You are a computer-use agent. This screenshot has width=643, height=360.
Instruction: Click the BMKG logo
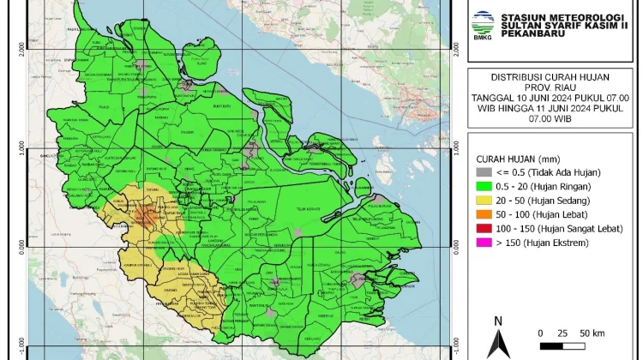coord(485,20)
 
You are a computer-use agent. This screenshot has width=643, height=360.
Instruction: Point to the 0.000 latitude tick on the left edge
coord(23,246)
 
